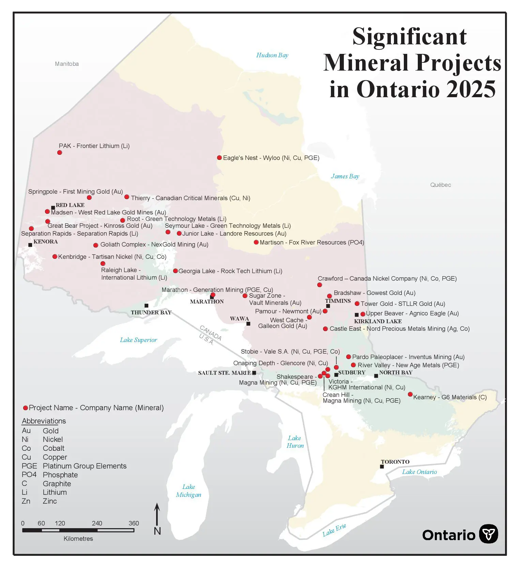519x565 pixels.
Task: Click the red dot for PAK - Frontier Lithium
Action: click(x=60, y=152)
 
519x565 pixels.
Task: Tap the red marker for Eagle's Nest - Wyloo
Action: click(x=219, y=158)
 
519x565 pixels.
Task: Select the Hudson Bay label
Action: click(x=272, y=55)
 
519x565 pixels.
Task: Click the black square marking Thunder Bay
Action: click(x=147, y=306)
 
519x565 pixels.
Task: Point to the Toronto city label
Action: click(x=395, y=462)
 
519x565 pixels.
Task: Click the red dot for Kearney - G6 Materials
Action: click(x=410, y=394)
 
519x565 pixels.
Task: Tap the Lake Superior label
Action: click(x=138, y=340)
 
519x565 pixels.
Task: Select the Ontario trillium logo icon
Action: click(x=488, y=534)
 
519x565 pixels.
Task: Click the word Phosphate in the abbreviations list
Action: click(x=60, y=475)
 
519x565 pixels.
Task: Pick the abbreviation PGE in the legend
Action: click(x=29, y=466)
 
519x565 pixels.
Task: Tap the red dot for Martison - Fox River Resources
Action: click(x=256, y=242)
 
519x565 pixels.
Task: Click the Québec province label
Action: click(x=440, y=185)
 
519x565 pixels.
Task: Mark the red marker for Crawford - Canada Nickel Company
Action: click(x=320, y=285)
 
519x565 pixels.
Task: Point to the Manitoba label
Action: click(x=67, y=64)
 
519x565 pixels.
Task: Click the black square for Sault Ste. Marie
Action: click(x=254, y=373)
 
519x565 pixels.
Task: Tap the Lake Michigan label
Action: click(x=188, y=491)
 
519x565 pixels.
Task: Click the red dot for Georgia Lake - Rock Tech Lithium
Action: click(x=175, y=271)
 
